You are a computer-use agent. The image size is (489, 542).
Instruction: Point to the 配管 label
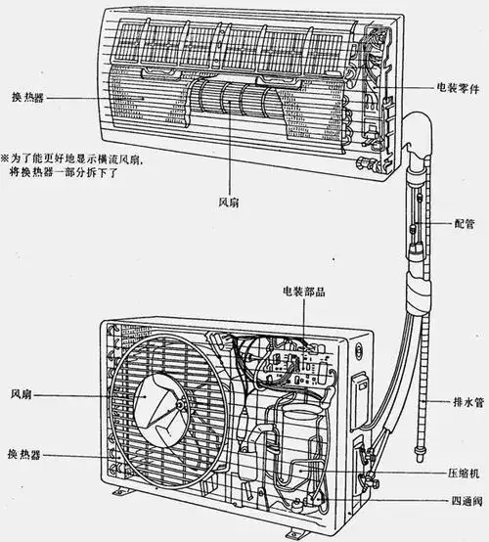point(466,223)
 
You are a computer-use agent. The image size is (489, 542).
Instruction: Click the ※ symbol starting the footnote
point(6,157)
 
